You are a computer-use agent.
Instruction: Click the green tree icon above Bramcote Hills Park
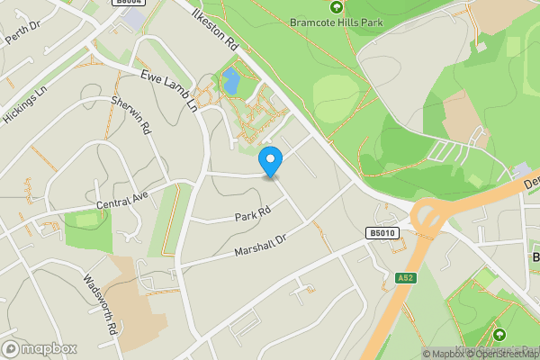pyautogui.click(x=336, y=6)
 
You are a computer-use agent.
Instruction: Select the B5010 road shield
pyautogui.click(x=382, y=233)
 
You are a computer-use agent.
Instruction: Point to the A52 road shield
pyautogui.click(x=405, y=279)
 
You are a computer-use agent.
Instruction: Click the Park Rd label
pyautogui.click(x=253, y=215)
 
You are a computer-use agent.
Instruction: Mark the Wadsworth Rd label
pyautogui.click(x=100, y=304)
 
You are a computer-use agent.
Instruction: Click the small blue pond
pyautogui.click(x=231, y=82)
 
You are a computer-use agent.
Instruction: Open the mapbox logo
pyautogui.click(x=40, y=348)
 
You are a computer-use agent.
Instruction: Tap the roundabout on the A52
pyautogui.click(x=430, y=217)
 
